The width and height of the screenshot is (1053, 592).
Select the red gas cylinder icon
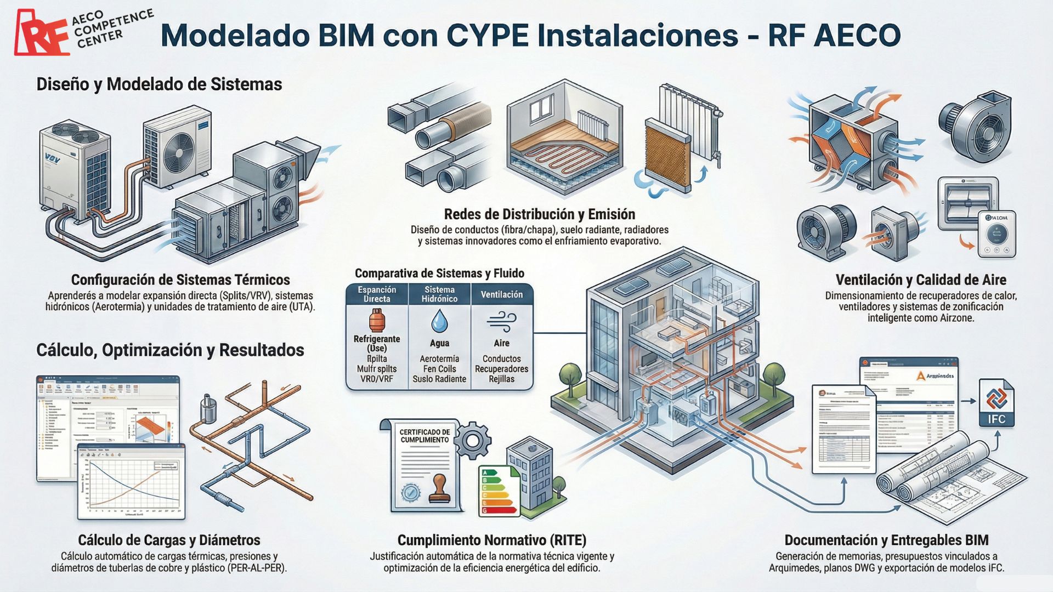(x=377, y=320)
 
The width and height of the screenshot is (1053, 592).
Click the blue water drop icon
(x=439, y=321)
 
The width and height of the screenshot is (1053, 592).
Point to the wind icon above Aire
(x=501, y=321)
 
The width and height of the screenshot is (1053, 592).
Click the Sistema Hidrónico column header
(x=439, y=294)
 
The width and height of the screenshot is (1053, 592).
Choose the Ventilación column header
(x=502, y=294)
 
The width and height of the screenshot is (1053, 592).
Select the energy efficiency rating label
(x=497, y=490)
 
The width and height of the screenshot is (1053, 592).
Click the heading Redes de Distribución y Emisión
(x=539, y=214)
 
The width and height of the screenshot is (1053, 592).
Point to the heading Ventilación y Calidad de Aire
(x=921, y=280)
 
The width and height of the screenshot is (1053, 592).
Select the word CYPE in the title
(x=488, y=35)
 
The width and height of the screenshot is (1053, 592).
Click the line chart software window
(x=132, y=482)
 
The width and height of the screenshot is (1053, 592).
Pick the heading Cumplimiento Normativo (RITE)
(x=491, y=540)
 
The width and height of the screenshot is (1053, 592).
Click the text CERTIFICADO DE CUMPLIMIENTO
(x=424, y=436)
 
